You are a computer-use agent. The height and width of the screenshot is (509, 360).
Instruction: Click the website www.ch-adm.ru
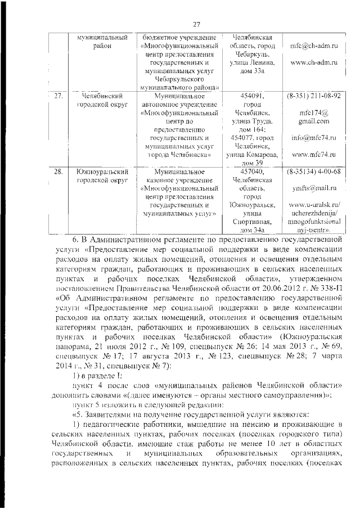tap(314, 66)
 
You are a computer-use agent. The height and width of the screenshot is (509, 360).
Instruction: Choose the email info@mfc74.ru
tap(314, 137)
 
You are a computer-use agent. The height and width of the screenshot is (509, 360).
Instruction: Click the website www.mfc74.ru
tap(314, 154)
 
